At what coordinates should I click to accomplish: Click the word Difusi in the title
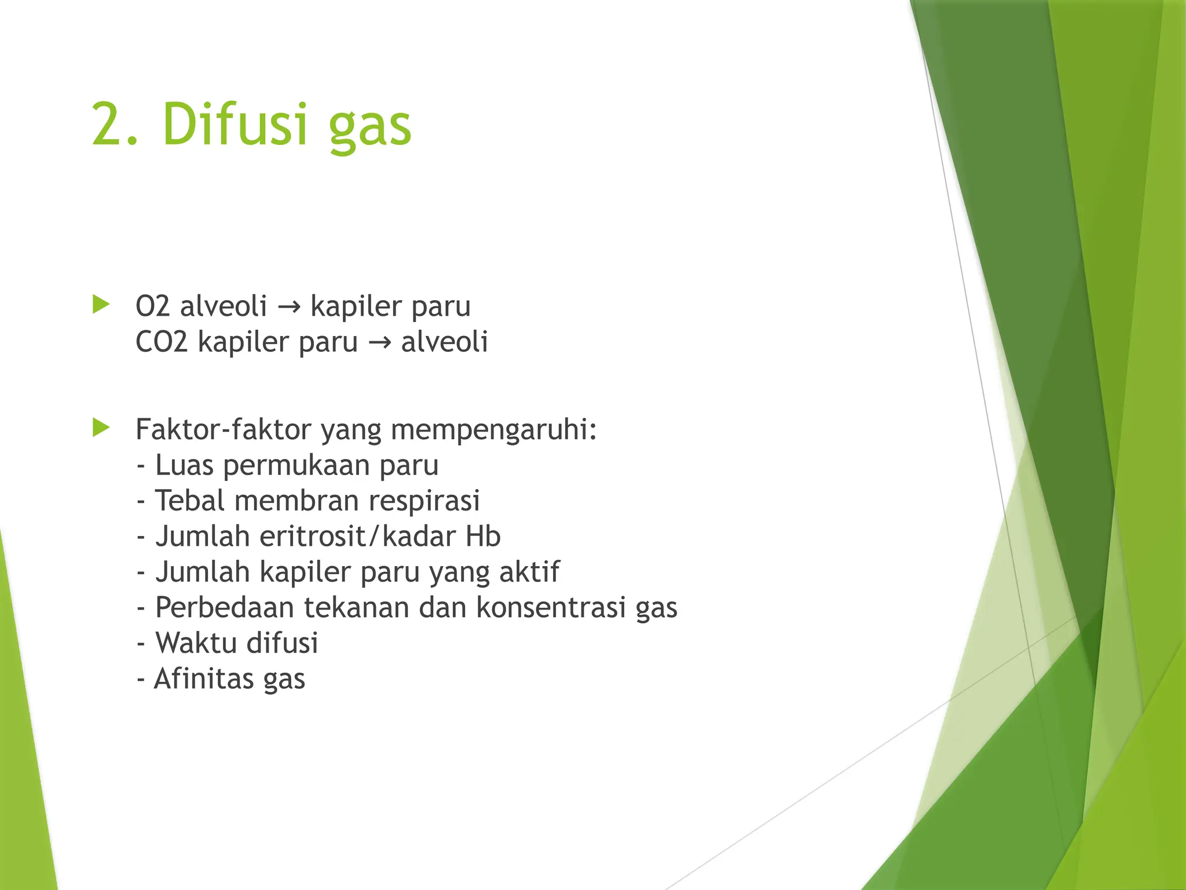coord(235,124)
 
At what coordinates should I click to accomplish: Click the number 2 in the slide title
coord(109,124)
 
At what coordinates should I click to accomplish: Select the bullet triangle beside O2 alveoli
coord(101,305)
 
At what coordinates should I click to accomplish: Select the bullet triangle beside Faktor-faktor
coord(101,428)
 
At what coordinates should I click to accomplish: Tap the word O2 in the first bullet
coord(152,306)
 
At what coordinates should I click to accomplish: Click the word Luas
coord(184,465)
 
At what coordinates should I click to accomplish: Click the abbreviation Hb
coord(482,537)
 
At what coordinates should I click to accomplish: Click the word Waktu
coord(196,643)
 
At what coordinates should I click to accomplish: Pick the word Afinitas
coord(204,679)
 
